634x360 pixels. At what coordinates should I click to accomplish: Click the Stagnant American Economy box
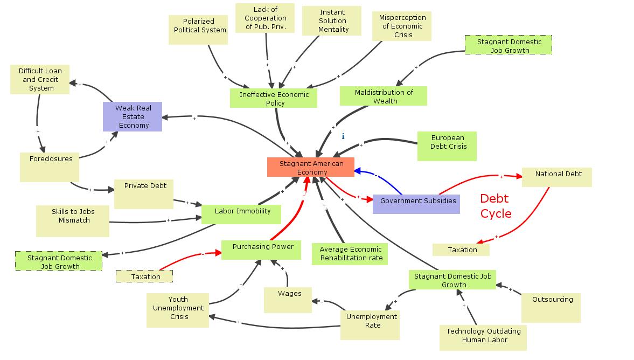(311, 167)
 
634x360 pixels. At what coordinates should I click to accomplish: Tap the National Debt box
(556, 177)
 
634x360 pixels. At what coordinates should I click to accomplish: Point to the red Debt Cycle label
(495, 206)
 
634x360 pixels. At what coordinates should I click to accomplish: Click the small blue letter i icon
(343, 137)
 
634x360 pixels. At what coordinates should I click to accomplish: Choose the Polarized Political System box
(199, 30)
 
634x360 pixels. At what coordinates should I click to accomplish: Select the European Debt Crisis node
(447, 146)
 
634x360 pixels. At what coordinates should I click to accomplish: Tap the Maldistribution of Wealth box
(383, 96)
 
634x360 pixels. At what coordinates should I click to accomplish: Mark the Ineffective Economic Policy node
(274, 98)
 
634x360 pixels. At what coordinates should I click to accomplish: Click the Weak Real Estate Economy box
(133, 116)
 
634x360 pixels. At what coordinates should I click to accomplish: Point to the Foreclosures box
(50, 167)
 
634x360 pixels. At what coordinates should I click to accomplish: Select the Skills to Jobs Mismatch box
(73, 220)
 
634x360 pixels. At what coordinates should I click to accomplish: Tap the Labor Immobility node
(241, 213)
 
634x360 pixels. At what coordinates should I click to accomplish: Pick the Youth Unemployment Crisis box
(178, 310)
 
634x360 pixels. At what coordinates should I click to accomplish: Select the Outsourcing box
(551, 307)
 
